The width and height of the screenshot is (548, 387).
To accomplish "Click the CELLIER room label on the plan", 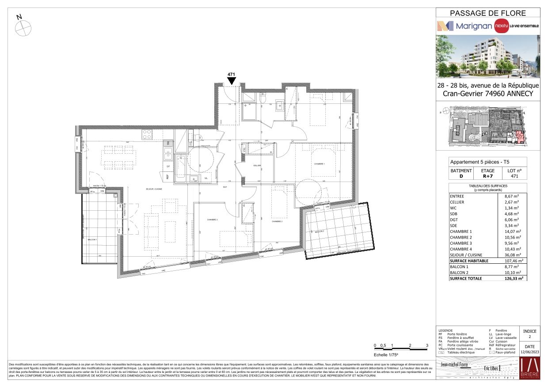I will click(257, 165).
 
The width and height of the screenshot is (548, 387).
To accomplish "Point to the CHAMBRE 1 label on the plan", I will click(319, 164).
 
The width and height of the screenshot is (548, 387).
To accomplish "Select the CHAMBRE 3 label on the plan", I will click(212, 220).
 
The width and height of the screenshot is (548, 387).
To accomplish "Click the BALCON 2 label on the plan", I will click(319, 231).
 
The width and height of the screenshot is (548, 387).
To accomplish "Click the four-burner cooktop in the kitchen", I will click(147, 134).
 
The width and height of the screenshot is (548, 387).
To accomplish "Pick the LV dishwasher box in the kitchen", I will click(168, 166).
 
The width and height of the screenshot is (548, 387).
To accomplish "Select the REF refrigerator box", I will click(168, 177).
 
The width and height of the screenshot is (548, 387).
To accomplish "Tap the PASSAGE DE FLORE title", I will click(487, 13).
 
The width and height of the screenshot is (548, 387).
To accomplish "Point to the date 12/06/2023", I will click(529, 352).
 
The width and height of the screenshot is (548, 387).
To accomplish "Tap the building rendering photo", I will click(487, 56).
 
